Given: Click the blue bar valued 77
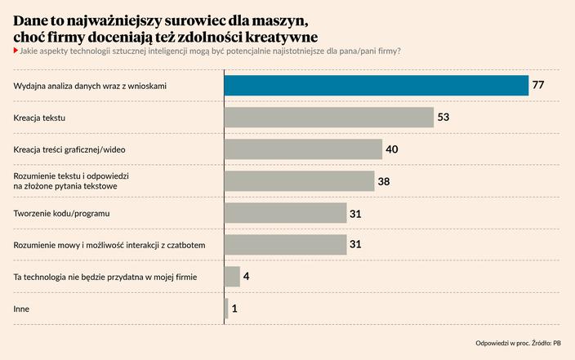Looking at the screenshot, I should pyautogui.click(x=376, y=85).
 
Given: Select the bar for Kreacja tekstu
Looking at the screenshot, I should pyautogui.click(x=328, y=118).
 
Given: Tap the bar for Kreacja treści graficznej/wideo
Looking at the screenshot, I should pyautogui.click(x=303, y=149).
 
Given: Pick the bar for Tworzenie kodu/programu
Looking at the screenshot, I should pyautogui.click(x=285, y=213).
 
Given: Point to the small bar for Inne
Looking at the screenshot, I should pyautogui.click(x=226, y=309).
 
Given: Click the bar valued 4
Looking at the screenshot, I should pyautogui.click(x=232, y=277).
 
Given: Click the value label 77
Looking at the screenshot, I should pyautogui.click(x=538, y=85).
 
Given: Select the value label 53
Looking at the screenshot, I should pyautogui.click(x=444, y=118).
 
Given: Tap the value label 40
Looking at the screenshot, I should pyautogui.click(x=392, y=149).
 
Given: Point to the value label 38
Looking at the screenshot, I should pyautogui.click(x=384, y=181).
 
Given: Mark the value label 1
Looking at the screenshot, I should pyautogui.click(x=234, y=309).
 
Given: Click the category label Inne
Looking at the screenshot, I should pyautogui.click(x=21, y=309).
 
